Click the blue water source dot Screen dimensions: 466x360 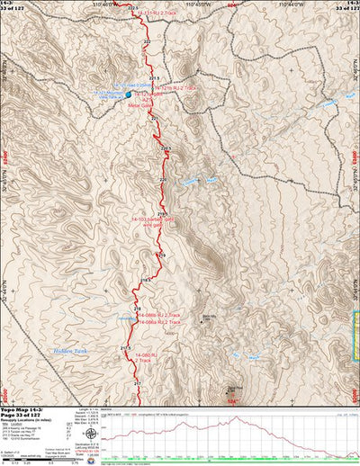tap(128, 94)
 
